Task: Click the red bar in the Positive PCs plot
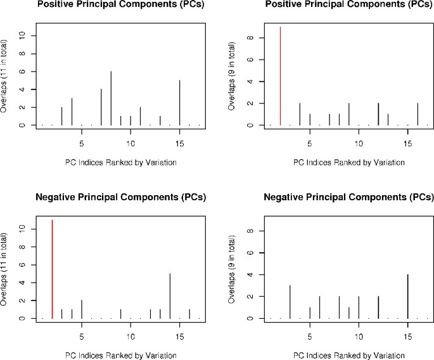coord(280,76)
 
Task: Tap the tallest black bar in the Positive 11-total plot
coord(111,98)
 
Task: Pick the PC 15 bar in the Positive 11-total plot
coord(180,103)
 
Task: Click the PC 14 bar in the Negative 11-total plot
coord(170,296)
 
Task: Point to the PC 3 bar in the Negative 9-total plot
coord(290,302)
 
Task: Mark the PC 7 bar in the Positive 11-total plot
coord(101,107)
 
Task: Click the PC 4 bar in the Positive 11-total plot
coord(72,112)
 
